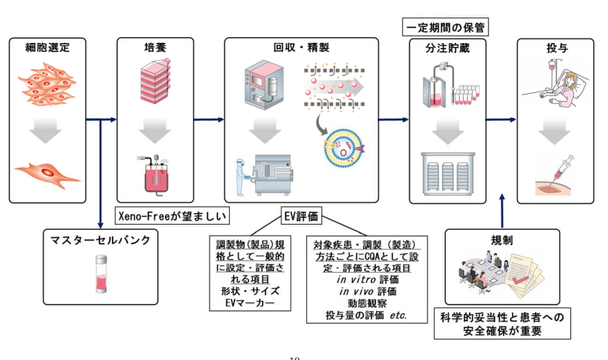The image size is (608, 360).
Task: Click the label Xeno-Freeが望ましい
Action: pyautogui.click(x=173, y=215)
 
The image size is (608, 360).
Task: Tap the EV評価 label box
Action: pyautogui.click(x=301, y=216)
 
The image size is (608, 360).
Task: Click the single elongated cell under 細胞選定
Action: pyautogui.click(x=47, y=172)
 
